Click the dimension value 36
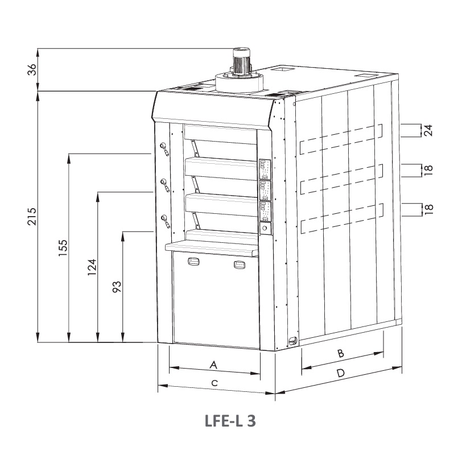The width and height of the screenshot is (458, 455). click(32, 69)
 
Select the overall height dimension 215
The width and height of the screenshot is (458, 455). click(32, 216)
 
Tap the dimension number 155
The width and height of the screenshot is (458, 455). click(63, 248)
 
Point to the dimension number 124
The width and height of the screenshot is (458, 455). click(92, 267)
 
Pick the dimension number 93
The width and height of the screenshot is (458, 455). click(117, 287)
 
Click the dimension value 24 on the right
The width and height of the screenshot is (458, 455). click(427, 130)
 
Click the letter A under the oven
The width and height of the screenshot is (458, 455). click(213, 365)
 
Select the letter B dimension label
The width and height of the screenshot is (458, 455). click(341, 353)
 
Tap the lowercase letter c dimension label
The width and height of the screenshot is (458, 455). click(214, 383)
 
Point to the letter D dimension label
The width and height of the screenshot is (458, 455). click(341, 373)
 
